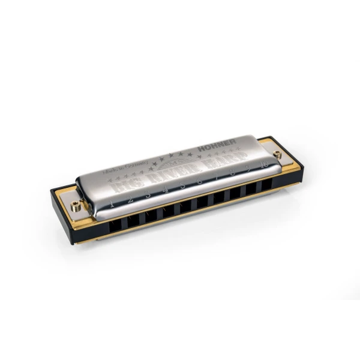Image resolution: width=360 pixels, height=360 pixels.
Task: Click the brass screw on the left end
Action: click(x=76, y=206)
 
